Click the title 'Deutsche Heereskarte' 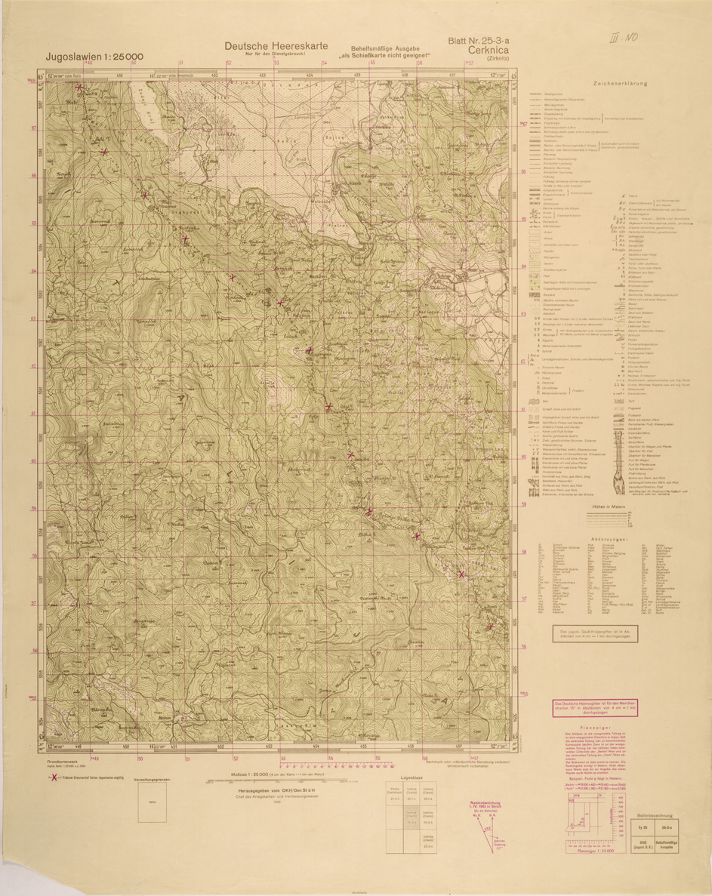coord(276,46)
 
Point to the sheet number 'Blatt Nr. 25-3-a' coord(479,41)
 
